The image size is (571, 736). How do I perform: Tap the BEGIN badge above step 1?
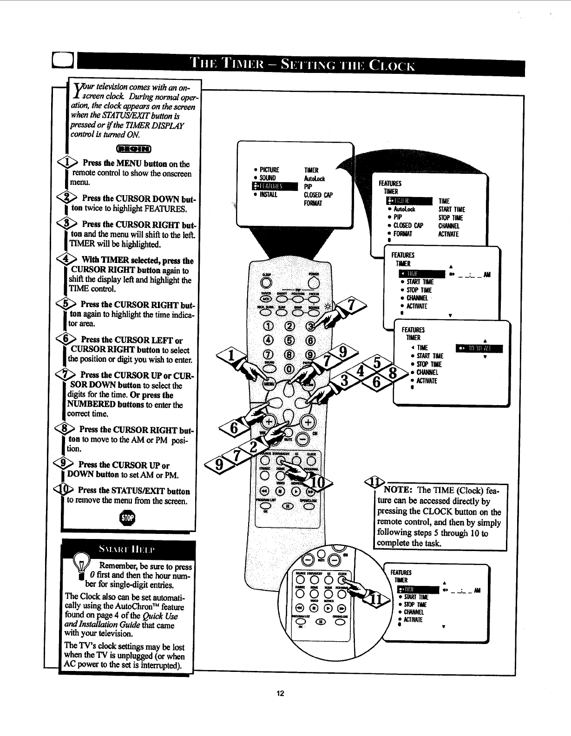(133, 149)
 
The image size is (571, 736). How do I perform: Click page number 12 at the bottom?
(280, 694)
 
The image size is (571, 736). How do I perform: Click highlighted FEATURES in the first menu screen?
(274, 187)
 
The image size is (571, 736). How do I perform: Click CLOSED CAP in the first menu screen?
(318, 195)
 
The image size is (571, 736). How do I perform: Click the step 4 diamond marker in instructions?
(69, 259)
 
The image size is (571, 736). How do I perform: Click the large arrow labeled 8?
(394, 374)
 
